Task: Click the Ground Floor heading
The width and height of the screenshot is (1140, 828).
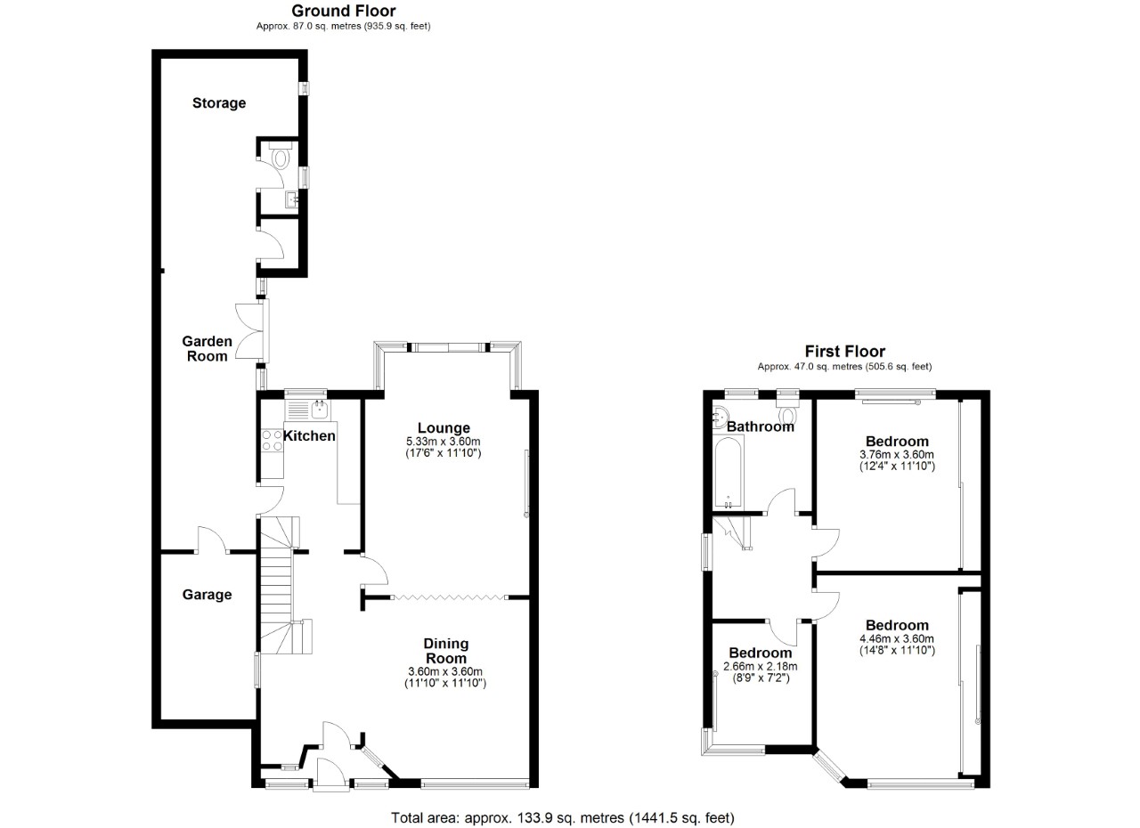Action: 344,11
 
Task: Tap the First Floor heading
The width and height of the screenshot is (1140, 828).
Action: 844,352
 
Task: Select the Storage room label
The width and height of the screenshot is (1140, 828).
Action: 219,103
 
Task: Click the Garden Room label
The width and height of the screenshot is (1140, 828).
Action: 207,348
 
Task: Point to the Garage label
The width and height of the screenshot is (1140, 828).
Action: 207,595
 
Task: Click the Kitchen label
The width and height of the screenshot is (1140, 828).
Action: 309,435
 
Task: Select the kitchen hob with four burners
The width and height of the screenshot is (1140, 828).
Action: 271,441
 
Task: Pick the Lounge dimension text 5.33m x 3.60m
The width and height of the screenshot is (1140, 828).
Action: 444,442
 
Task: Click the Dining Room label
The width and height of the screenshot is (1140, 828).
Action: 445,651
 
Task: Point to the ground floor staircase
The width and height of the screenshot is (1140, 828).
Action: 279,588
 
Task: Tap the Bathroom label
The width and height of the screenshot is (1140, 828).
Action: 760,426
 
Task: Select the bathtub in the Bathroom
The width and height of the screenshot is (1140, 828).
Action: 729,473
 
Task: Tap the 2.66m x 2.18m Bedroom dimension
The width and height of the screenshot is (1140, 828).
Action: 760,666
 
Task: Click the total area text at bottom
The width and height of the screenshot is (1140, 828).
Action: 563,817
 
